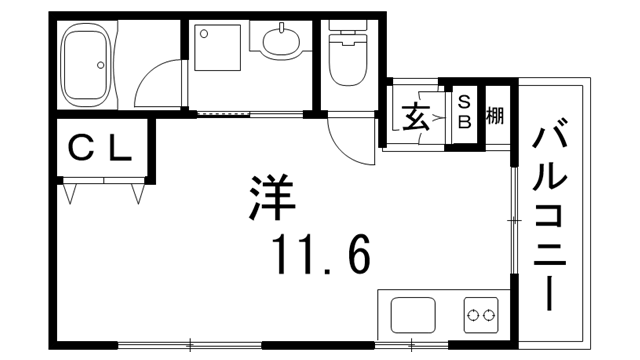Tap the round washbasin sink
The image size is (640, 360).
tap(281, 43)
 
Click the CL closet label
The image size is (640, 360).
tap(99, 149)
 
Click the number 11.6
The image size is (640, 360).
tap(320, 255)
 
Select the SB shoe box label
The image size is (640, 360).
tap(465, 110)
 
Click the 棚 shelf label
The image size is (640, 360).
tap(494, 116)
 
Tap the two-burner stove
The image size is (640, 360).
tap(481, 318)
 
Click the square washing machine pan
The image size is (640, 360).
tap(217, 47)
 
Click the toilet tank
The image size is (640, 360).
tap(348, 32)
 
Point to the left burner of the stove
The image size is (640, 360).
tap(474, 318)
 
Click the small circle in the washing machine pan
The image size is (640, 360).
tap(203, 33)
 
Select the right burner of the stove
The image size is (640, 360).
tap(489, 318)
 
